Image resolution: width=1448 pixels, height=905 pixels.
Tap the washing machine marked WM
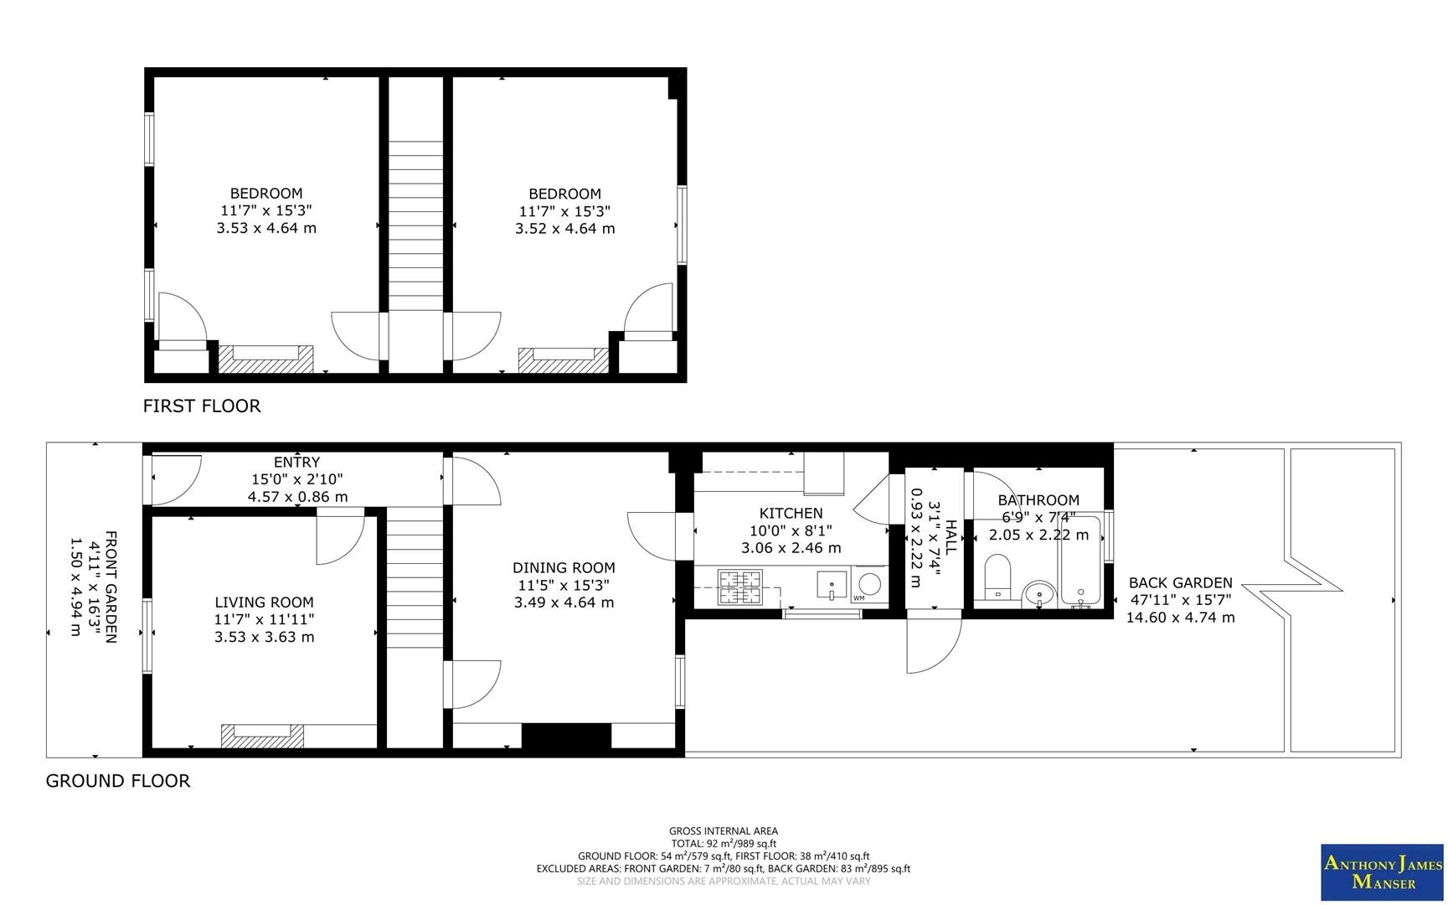point(870,584)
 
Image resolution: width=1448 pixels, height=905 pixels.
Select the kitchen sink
point(832,584)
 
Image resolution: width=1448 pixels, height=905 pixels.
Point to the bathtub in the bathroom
point(1080,561)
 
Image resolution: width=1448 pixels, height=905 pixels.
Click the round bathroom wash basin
point(1039,594)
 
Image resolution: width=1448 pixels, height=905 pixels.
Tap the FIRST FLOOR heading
point(202,406)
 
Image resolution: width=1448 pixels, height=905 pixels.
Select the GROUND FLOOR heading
point(118,781)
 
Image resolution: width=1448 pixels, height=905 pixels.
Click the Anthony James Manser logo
point(1382,873)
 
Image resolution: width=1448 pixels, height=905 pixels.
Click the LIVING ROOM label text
point(264,602)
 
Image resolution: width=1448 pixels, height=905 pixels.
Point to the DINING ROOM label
point(564,568)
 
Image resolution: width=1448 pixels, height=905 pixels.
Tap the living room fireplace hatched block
point(261,736)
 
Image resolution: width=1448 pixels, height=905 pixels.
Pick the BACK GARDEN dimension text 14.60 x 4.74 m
point(1180,618)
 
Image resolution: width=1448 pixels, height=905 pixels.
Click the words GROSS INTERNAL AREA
point(724,831)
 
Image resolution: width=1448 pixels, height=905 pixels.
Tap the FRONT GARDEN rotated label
point(110,587)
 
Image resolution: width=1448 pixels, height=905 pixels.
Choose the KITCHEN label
point(791,513)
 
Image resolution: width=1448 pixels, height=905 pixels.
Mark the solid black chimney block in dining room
point(566,736)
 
